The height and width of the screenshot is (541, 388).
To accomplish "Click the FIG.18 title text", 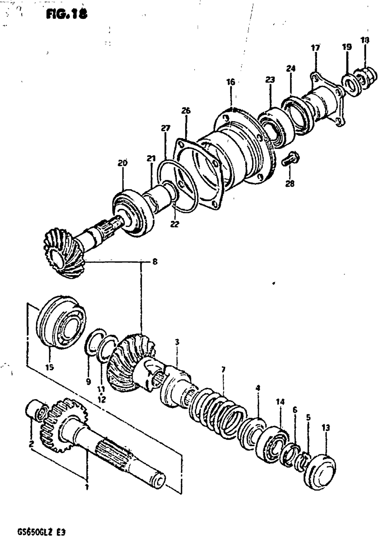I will pos(66,14).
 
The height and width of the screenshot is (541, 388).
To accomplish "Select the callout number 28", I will pos(289,183).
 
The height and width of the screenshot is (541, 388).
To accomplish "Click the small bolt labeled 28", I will pos(290,159).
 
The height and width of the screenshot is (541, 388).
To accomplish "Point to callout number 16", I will pos(230,82).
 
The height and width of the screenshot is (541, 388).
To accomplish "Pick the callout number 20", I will pos(123,163).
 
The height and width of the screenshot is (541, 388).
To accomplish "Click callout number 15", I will pos(50,367).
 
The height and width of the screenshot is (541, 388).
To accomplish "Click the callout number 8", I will pos(155,262).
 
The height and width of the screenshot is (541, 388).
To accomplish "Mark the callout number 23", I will pos(270,80).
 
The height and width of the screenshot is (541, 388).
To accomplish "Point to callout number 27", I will pos(166,128).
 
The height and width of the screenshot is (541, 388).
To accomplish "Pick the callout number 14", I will pos(280,402).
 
